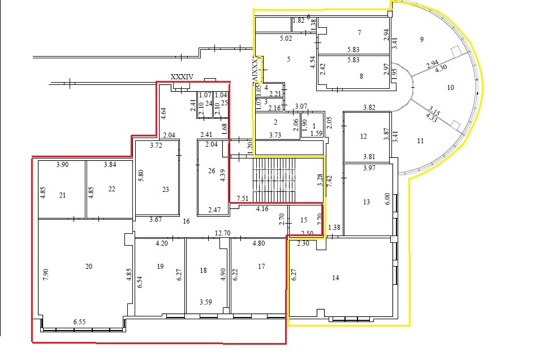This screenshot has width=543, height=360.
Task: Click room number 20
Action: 89,267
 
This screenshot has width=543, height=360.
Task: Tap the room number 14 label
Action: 335,277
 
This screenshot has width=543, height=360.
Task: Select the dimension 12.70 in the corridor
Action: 222,233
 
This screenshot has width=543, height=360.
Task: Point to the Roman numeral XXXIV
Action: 182,77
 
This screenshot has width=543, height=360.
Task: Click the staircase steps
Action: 274,180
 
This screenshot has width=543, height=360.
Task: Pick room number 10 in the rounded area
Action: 450,87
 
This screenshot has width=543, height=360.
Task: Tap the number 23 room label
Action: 166,189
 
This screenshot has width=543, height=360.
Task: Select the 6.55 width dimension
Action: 79,322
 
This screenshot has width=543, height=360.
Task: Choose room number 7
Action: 360,33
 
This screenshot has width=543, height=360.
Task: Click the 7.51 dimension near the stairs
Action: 243,198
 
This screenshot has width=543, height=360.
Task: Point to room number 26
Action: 212,170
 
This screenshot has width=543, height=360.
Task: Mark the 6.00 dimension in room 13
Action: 387,199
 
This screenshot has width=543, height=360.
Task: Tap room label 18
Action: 203,270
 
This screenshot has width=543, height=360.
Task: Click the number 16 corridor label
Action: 186,221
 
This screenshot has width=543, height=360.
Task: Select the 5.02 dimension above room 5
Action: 286,38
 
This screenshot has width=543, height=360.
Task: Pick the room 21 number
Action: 62,195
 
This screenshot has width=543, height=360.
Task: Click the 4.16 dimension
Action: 262,209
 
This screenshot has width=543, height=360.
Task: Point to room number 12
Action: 363,136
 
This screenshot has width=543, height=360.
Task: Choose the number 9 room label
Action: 421,40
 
